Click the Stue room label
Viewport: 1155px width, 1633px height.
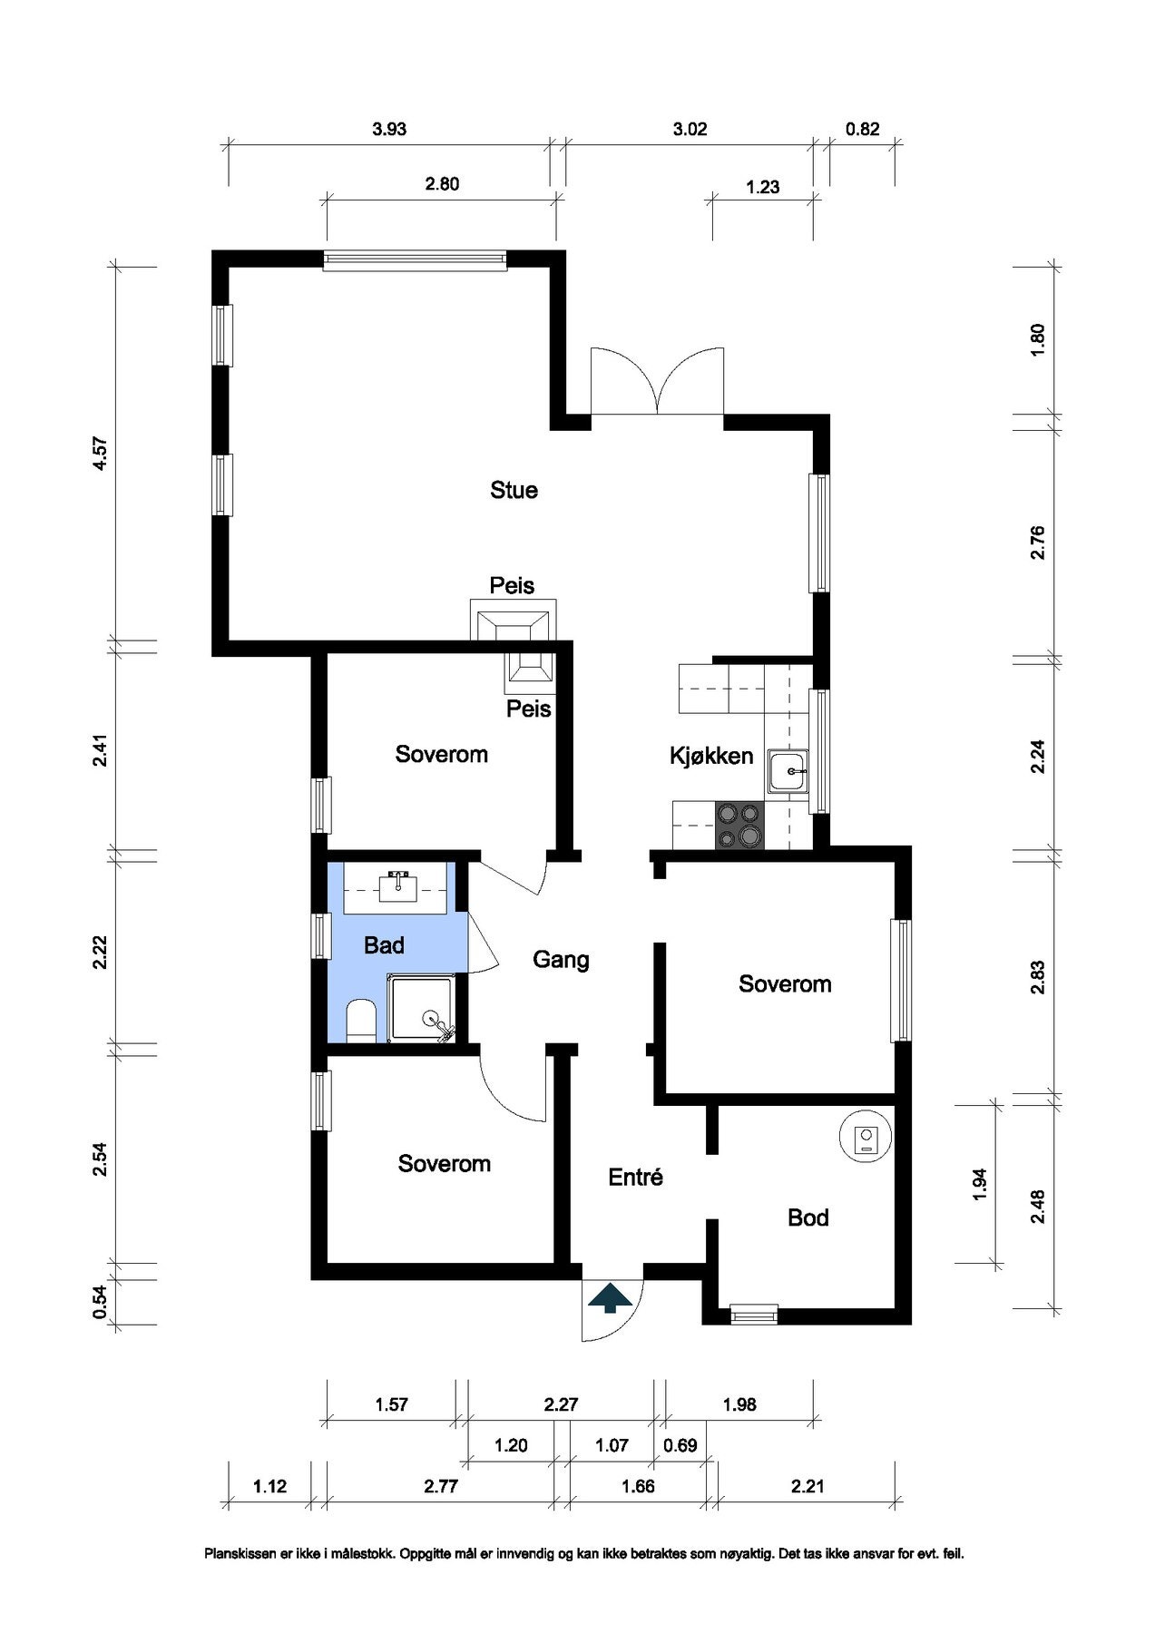tap(514, 490)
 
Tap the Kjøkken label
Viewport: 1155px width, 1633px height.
tap(711, 756)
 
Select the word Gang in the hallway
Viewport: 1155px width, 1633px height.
tap(561, 960)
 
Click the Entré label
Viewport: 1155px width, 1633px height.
tap(635, 1177)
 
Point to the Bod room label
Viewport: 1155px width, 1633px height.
tap(808, 1217)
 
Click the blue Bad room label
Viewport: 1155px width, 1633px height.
tap(384, 945)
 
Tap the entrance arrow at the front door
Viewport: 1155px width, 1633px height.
tap(612, 1297)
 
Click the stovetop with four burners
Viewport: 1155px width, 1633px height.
tap(740, 825)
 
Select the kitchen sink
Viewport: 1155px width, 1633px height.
tap(789, 771)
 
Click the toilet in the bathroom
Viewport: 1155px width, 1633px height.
tap(361, 1021)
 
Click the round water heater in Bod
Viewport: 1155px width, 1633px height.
tap(866, 1136)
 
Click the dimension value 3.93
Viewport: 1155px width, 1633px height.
tap(389, 129)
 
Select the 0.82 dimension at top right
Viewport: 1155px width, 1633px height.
tap(862, 129)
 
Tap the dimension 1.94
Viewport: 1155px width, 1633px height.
tap(979, 1183)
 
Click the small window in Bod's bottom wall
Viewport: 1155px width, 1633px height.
tap(754, 1312)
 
